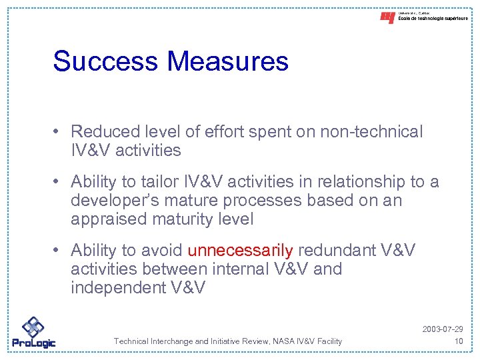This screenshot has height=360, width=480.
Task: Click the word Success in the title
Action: pyautogui.click(x=107, y=61)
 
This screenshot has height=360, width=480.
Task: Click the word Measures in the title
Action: pyautogui.click(x=228, y=61)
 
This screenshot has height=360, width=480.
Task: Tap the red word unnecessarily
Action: pyautogui.click(x=240, y=251)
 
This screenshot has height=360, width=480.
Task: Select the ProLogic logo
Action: pyautogui.click(x=33, y=332)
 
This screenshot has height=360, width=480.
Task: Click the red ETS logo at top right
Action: pyautogui.click(x=387, y=18)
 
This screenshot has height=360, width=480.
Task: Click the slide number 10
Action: pyautogui.click(x=457, y=341)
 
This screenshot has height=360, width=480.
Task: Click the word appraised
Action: pyautogui.click(x=111, y=219)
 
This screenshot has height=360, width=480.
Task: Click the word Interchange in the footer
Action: pyautogui.click(x=175, y=341)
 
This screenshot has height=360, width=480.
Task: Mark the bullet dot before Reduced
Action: pyautogui.click(x=59, y=133)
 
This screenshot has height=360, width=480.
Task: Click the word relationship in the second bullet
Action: pyautogui.click(x=335, y=182)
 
